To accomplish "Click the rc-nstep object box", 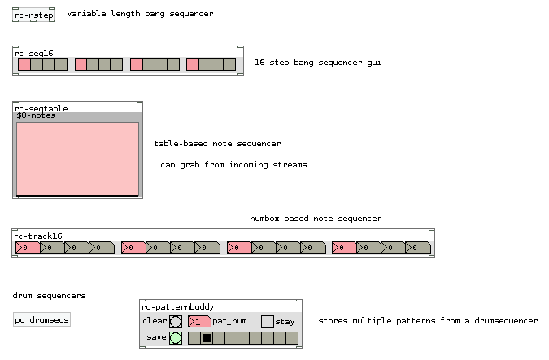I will coord(33,15).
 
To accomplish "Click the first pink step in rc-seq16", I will coord(24,63).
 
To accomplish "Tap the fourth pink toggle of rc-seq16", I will coord(193,63).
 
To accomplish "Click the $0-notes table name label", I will coord(34,116).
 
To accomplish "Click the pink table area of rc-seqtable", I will coord(77,158).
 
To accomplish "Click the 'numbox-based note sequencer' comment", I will coord(316,219).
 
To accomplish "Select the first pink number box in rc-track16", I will coord(28,247).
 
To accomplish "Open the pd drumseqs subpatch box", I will coord(42,320).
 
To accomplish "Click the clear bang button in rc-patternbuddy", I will coord(176,322).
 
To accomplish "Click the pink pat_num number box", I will coord(198,322).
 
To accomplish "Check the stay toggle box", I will coord(267,322).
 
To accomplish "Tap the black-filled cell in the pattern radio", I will coord(207,338).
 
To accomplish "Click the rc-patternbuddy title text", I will coord(178,307).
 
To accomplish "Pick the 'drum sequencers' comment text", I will coord(49,296).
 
